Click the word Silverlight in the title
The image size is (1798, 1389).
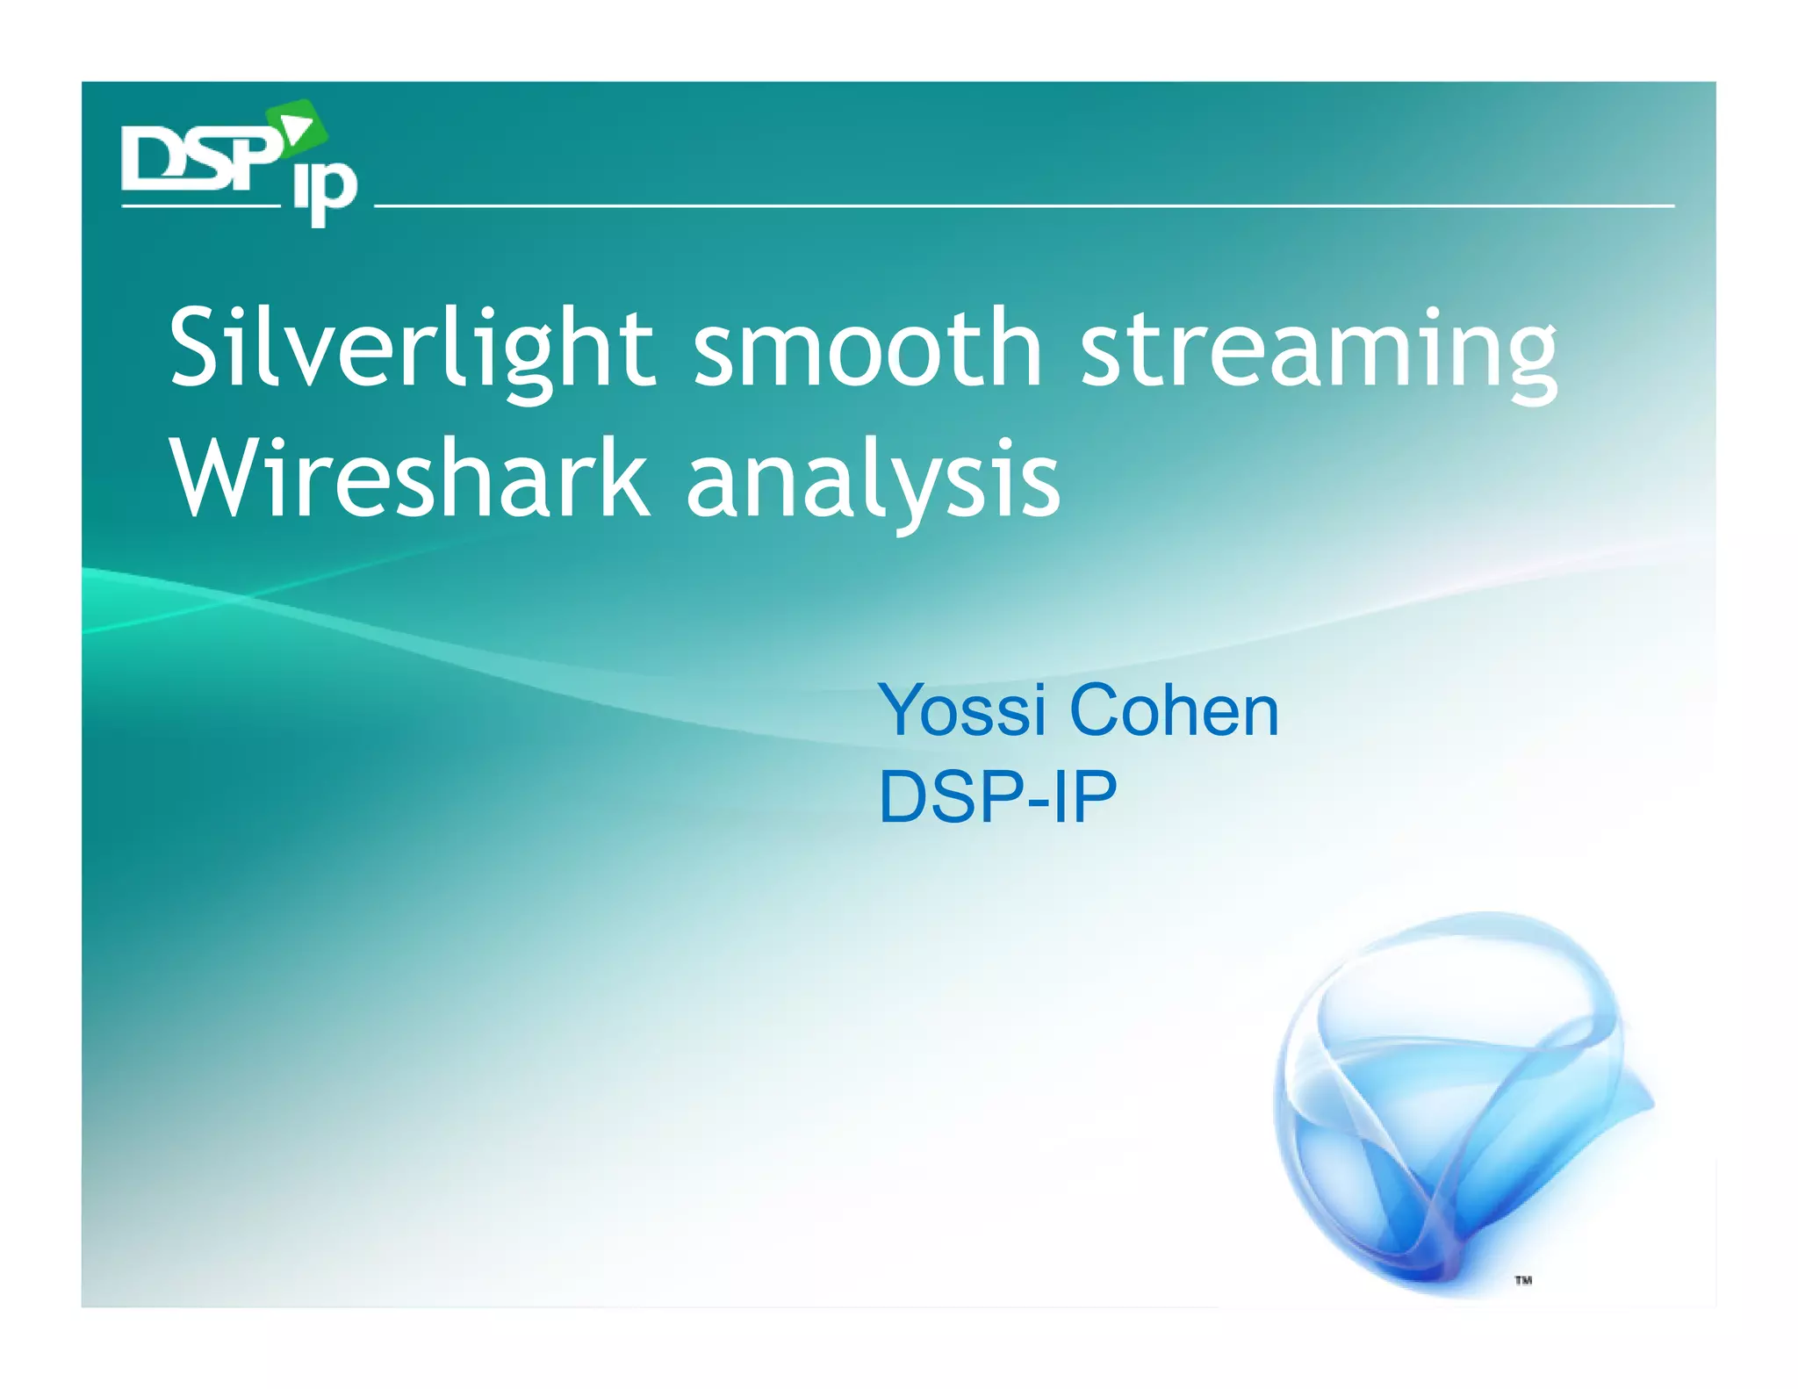point(411,348)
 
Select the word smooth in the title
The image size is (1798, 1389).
point(867,348)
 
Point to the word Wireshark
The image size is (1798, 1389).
point(409,479)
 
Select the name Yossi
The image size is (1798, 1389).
point(962,710)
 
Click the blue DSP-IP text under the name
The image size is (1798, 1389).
point(997,796)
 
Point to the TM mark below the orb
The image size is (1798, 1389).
point(1522,1280)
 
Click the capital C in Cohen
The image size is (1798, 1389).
point(1098,710)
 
